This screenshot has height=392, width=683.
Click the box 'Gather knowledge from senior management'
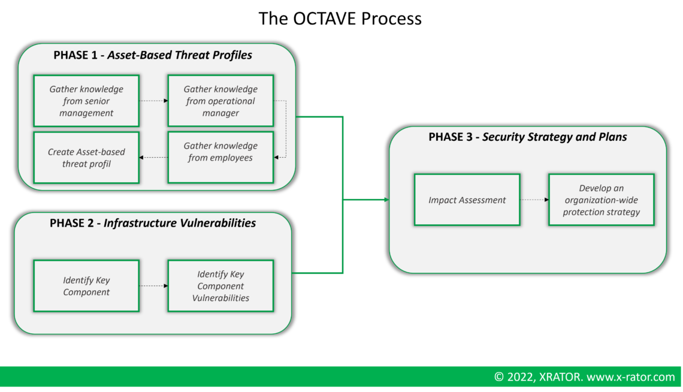click(x=86, y=101)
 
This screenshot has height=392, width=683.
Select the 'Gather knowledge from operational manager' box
click(x=220, y=101)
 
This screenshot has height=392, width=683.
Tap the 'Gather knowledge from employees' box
click(x=220, y=157)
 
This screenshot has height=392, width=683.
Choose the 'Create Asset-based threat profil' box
click(x=86, y=158)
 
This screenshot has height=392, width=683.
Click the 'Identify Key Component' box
click(x=86, y=286)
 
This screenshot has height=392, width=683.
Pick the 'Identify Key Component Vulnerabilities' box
click(x=220, y=286)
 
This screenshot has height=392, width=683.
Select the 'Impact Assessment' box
click(x=467, y=200)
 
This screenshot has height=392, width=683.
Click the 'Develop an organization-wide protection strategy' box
click(x=601, y=200)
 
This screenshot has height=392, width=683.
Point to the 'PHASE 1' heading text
click(x=75, y=56)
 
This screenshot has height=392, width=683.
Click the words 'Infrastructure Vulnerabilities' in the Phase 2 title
click(x=180, y=224)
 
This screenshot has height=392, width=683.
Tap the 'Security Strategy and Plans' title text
click(x=554, y=137)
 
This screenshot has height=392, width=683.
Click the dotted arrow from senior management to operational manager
click(x=153, y=101)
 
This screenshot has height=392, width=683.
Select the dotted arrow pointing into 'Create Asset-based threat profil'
click(x=153, y=158)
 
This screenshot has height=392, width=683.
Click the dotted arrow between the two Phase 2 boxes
click(x=153, y=286)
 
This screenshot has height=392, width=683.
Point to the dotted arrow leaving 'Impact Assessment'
click(x=534, y=200)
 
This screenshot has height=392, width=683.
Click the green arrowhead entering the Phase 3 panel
click(x=386, y=200)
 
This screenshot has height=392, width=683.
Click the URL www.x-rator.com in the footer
click(x=630, y=378)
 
